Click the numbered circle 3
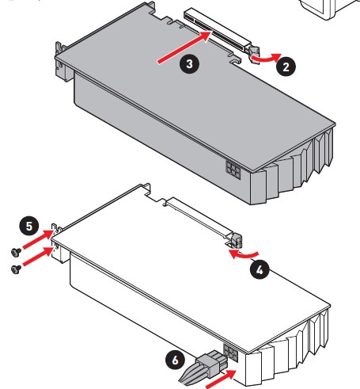pyautogui.click(x=189, y=64)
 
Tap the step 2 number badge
pyautogui.click(x=286, y=67)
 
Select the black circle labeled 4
pyautogui.click(x=260, y=269)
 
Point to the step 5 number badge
pyautogui.click(x=29, y=226)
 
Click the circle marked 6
pyautogui.click(x=175, y=360)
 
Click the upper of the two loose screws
pyautogui.click(x=17, y=252)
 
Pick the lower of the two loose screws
pyautogui.click(x=17, y=269)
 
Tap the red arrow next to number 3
pyautogui.click(x=184, y=47)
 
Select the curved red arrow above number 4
pyautogui.click(x=243, y=255)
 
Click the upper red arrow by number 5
pyautogui.click(x=39, y=239)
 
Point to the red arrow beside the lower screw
pyautogui.click(x=39, y=256)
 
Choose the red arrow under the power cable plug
pyautogui.click(x=221, y=379)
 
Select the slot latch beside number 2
pyautogui.click(x=254, y=54)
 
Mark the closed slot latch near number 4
pyautogui.click(x=237, y=240)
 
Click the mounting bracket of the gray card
pyautogui.click(x=62, y=62)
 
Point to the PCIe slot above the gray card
pyautogui.click(x=217, y=31)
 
